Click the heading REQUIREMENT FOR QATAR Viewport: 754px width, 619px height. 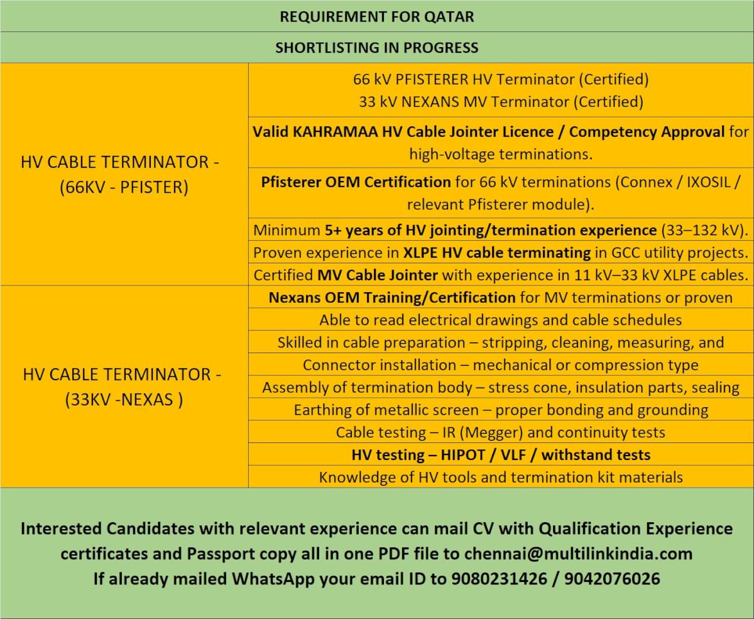point(377,16)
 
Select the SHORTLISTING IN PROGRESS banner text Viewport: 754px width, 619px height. point(377,48)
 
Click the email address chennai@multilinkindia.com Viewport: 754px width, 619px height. point(578,554)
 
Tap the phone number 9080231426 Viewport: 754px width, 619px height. point(499,579)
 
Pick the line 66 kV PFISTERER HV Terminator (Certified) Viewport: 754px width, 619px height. point(501,80)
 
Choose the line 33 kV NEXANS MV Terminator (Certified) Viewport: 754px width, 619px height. point(501,102)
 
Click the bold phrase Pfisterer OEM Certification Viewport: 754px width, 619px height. point(356,182)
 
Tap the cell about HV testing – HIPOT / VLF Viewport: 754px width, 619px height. point(501,454)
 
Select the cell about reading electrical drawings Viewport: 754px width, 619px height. point(501,320)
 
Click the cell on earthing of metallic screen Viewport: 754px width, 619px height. point(501,410)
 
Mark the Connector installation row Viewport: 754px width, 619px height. point(501,365)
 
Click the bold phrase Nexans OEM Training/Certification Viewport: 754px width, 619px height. point(392,297)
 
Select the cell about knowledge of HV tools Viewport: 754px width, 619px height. point(501,477)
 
